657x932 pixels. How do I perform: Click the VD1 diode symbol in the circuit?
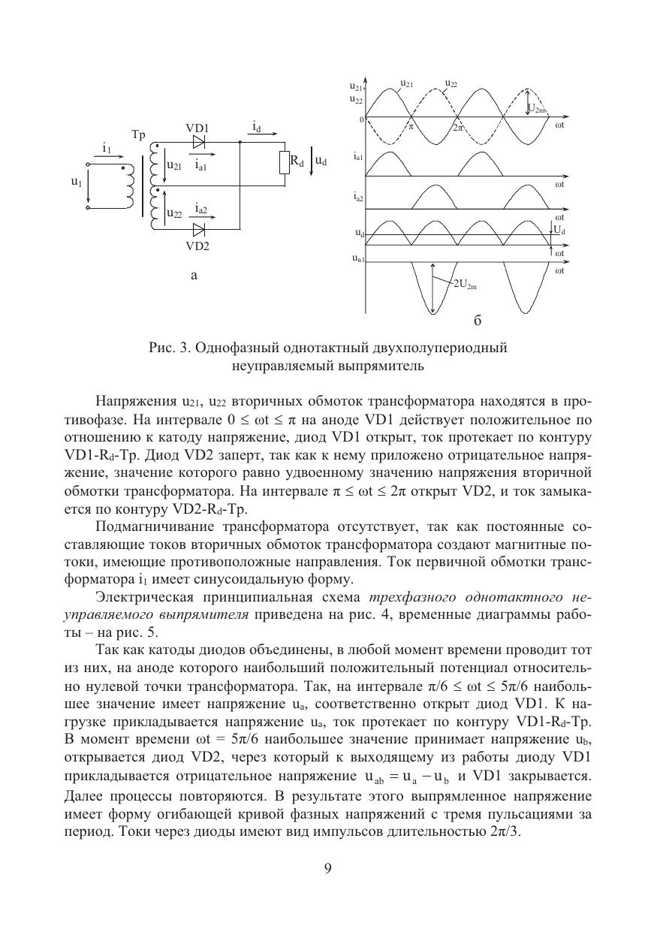(200, 141)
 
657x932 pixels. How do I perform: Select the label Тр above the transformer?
(138, 135)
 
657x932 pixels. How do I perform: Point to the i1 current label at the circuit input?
(107, 149)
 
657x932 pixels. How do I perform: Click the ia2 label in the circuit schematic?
(200, 207)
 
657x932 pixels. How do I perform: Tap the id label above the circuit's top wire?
(257, 126)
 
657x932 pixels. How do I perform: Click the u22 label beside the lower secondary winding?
(173, 214)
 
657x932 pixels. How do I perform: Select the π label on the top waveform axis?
(411, 126)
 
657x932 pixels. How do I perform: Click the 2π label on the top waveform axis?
(459, 127)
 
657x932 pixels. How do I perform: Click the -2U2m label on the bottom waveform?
(466, 285)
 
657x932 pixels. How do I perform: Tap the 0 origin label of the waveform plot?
(361, 119)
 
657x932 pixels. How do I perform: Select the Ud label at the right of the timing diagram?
(558, 230)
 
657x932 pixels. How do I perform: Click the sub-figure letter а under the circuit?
(194, 276)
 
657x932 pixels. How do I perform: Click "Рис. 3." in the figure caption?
(169, 348)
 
